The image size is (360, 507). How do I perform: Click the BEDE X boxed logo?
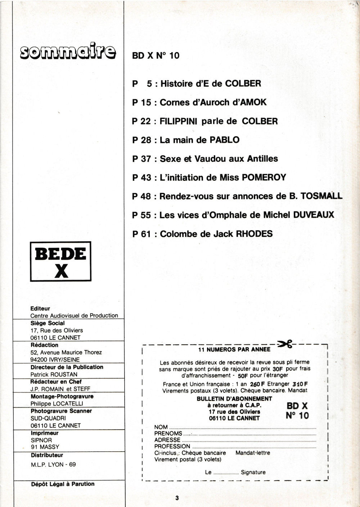[x=60, y=261]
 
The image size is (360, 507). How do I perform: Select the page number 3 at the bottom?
[x=177, y=498]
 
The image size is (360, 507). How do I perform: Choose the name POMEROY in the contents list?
[x=264, y=177]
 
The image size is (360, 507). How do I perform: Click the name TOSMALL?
[x=321, y=196]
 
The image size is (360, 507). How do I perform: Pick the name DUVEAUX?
[x=314, y=215]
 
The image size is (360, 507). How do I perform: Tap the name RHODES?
[x=254, y=234]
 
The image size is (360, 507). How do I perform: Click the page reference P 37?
[x=141, y=159]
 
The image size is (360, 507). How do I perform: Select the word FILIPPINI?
[x=178, y=121]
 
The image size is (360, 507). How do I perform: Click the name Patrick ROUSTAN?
[x=54, y=374]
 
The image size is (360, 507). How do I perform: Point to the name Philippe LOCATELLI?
[x=57, y=403]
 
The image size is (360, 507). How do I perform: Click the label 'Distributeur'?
[x=47, y=455]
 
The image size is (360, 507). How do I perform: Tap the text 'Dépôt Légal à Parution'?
[x=63, y=484]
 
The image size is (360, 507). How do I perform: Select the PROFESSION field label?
[x=172, y=446]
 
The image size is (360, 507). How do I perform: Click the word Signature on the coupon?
[x=253, y=472]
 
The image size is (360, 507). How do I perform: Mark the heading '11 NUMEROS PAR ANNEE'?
[x=234, y=349]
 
